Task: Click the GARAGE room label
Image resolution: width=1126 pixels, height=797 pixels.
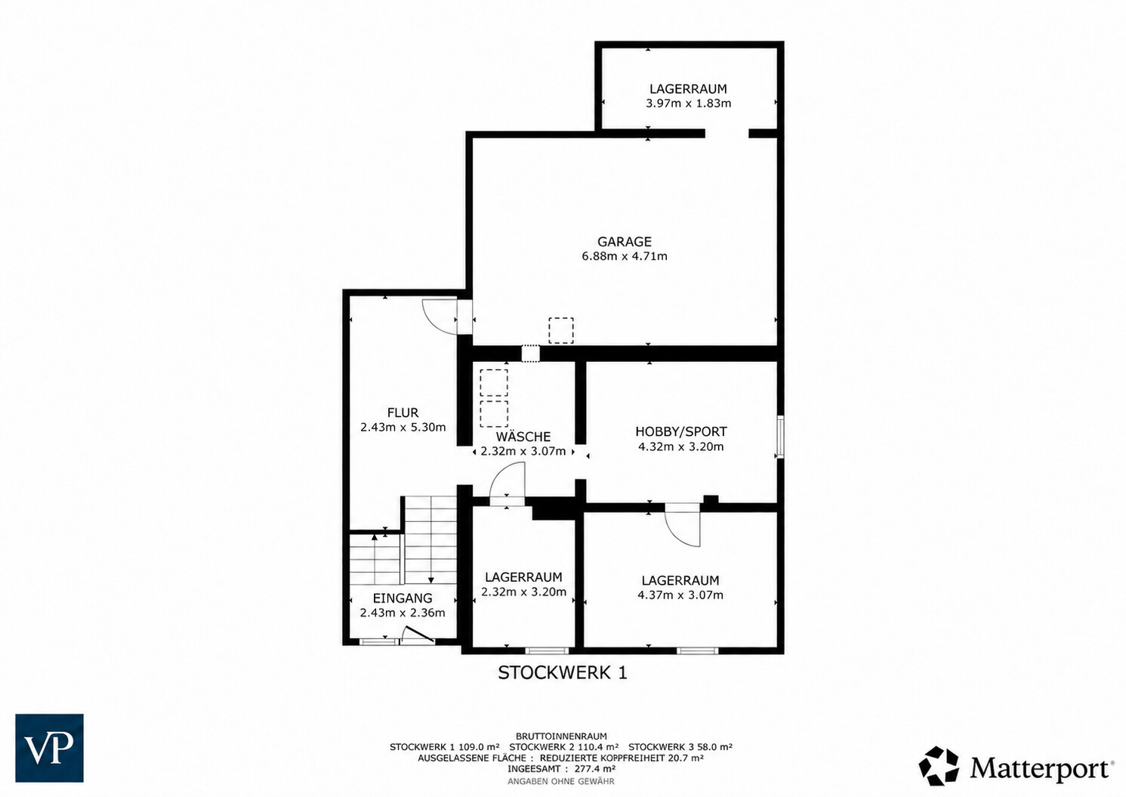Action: tap(625, 242)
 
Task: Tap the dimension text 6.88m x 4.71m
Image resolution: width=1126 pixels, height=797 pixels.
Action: tap(625, 256)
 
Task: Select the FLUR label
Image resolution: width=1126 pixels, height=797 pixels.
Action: tap(403, 412)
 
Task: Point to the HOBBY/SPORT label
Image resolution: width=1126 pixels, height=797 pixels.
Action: tap(681, 432)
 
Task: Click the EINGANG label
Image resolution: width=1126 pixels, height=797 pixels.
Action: tap(403, 598)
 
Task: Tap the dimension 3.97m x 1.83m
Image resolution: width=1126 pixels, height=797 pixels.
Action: tap(688, 103)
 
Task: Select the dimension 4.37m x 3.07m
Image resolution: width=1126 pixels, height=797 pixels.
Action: tap(680, 595)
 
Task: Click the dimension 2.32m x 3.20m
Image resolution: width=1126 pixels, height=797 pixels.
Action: tap(524, 592)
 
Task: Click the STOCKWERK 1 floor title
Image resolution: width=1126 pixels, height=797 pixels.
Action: tap(563, 673)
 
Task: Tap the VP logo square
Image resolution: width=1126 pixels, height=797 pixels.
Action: tap(49, 748)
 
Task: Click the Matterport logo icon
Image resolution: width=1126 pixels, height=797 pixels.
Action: tap(939, 766)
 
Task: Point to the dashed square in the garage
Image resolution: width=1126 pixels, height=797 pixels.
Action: tap(561, 330)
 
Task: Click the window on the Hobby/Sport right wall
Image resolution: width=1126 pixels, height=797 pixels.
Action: tap(780, 437)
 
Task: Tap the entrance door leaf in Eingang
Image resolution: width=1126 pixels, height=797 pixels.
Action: tap(418, 634)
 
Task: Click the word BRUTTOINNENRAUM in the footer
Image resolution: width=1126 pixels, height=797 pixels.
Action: tap(561, 737)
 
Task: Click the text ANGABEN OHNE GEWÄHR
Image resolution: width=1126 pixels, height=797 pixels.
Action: tap(561, 781)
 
